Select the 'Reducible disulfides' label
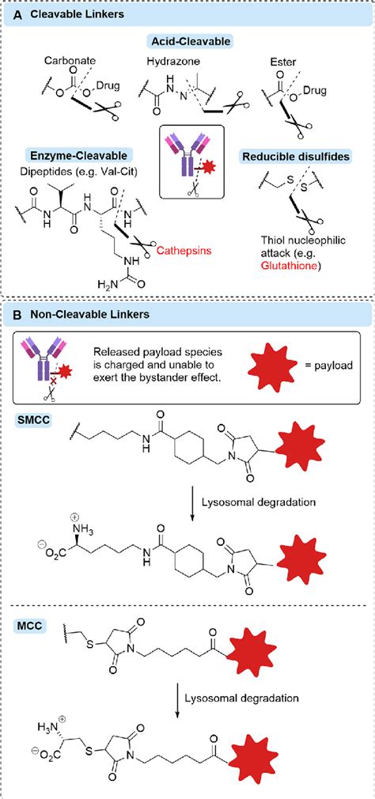[x=296, y=156]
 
